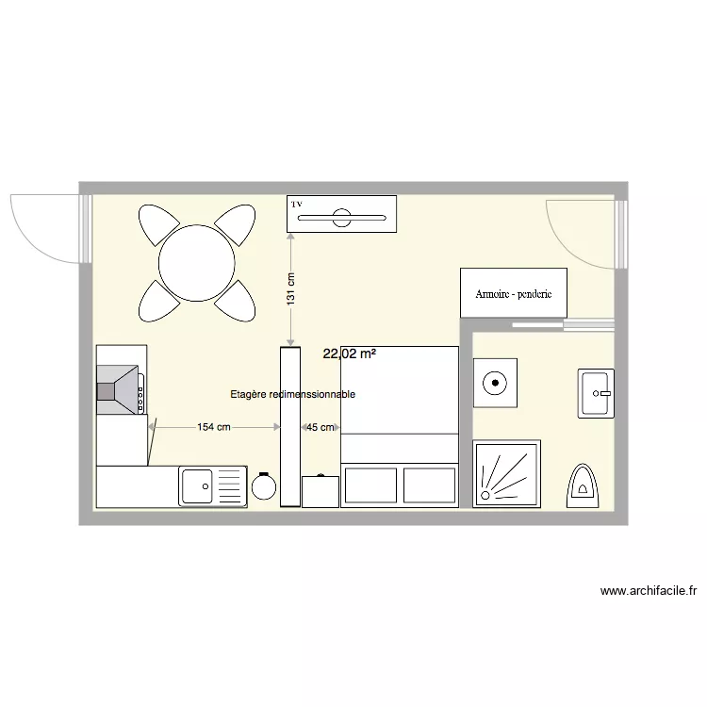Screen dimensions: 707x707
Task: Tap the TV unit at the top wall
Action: [x=341, y=214]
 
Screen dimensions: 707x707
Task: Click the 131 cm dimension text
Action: [x=291, y=288]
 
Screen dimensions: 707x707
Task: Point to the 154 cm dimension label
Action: [x=214, y=427]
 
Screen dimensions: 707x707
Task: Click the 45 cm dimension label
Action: [x=321, y=427]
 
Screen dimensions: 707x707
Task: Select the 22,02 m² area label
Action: [x=350, y=354]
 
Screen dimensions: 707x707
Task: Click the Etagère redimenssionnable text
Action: [x=293, y=396]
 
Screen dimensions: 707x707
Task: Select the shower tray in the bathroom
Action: [x=507, y=474]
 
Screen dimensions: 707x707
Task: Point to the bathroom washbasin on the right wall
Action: [x=597, y=393]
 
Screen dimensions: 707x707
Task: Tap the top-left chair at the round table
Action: [x=157, y=224]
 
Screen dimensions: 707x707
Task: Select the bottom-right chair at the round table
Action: [x=237, y=301]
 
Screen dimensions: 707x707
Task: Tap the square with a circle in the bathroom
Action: [x=495, y=383]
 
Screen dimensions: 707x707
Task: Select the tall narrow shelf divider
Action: [x=289, y=426]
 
